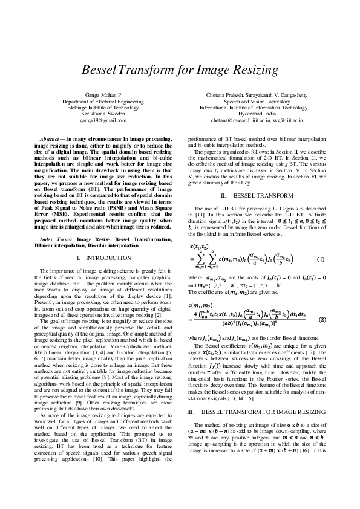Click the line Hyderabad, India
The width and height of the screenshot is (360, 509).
point(257,113)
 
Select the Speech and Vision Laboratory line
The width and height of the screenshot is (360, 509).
point(257,102)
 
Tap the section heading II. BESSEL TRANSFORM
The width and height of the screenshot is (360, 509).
point(257,196)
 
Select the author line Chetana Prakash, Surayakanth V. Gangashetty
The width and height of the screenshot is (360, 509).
point(257,96)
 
